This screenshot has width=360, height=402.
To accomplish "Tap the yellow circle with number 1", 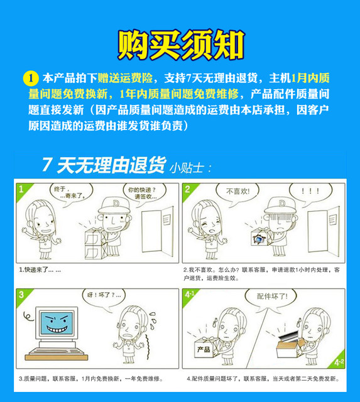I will (30, 79).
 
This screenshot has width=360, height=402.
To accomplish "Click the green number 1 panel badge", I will (22, 189).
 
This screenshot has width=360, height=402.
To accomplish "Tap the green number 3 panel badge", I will (22, 294).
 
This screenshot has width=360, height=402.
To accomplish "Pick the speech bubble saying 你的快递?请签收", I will (142, 192).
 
